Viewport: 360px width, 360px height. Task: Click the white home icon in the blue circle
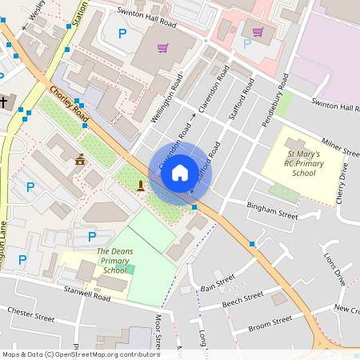pos(180,172)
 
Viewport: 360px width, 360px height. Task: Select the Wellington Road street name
pos(166,100)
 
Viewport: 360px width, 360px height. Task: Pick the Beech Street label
pos(243,298)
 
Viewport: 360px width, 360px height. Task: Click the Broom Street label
pos(270,323)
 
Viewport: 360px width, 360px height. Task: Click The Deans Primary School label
pos(113,261)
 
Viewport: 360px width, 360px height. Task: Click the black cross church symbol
pos(5,102)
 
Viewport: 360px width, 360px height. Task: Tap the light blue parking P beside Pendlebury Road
pos(246,43)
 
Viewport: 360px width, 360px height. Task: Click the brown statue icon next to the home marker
pos(141,186)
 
